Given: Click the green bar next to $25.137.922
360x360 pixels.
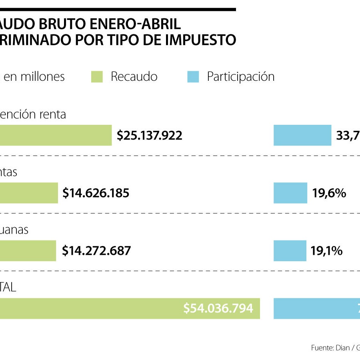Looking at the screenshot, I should (56, 135).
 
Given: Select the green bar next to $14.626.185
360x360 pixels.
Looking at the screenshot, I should (29, 193).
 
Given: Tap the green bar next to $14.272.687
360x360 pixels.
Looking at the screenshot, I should (28, 250).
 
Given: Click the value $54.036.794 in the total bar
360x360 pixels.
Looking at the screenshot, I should (218, 308).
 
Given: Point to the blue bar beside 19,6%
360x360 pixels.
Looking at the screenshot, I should (290, 193).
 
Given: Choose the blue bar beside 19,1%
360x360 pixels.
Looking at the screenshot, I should (290, 250).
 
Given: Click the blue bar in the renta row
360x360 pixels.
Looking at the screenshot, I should (302, 135).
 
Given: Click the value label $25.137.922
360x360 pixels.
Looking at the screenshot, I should (149, 136).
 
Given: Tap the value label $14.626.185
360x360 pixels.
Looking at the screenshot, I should (96, 193).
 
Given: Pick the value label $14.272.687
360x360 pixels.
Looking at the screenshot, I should (96, 251).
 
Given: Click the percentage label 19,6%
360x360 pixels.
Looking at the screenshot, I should (329, 193).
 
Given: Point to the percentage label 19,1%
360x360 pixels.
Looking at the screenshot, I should (326, 251).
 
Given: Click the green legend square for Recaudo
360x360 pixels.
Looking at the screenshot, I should (97, 77).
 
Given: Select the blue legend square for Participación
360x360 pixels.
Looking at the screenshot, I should (193, 77).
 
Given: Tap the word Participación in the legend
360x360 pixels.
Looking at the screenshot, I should (240, 77).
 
